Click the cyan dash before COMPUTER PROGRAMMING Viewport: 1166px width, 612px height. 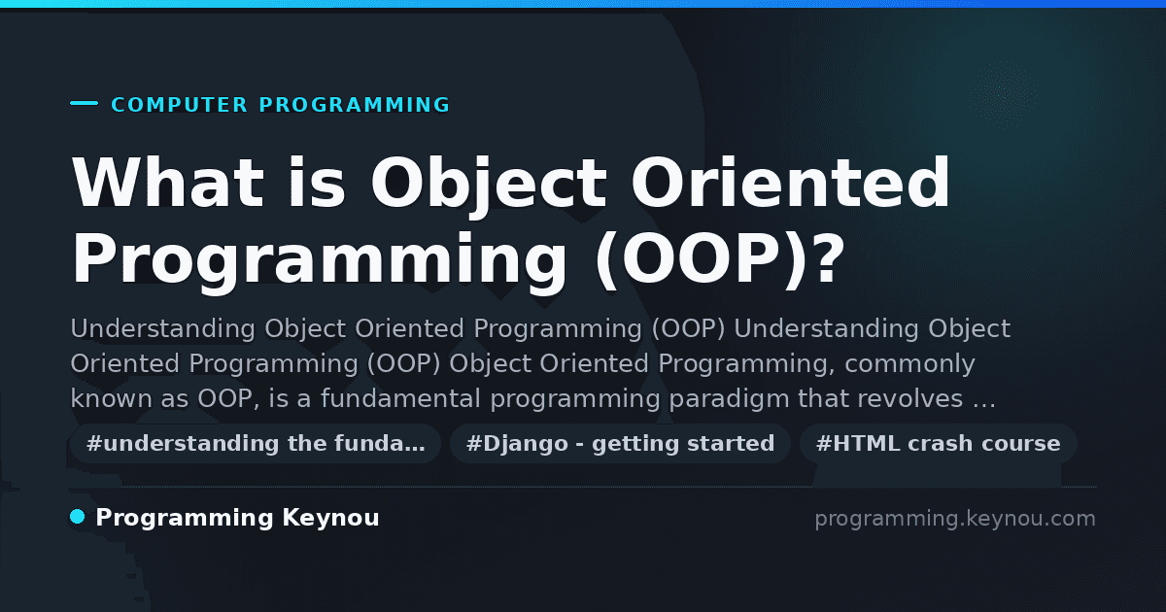point(84,103)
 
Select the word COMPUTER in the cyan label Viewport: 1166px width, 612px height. point(180,105)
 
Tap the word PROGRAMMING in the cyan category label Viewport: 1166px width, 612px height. point(355,105)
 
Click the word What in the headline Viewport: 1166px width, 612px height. point(168,183)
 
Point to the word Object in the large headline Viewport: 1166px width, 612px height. point(489,187)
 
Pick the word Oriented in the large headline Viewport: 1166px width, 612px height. point(791,183)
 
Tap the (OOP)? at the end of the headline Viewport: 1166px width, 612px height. point(720,259)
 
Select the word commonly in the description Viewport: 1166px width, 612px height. point(909,364)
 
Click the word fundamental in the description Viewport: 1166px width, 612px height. point(400,398)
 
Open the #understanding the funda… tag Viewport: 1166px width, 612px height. point(256,444)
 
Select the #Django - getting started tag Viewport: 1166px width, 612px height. point(620,444)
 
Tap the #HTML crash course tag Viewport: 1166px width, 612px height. point(938,444)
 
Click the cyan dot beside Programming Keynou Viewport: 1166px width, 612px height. point(78,517)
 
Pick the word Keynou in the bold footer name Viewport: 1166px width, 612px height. point(330,519)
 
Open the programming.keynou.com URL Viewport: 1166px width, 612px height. point(955,519)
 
